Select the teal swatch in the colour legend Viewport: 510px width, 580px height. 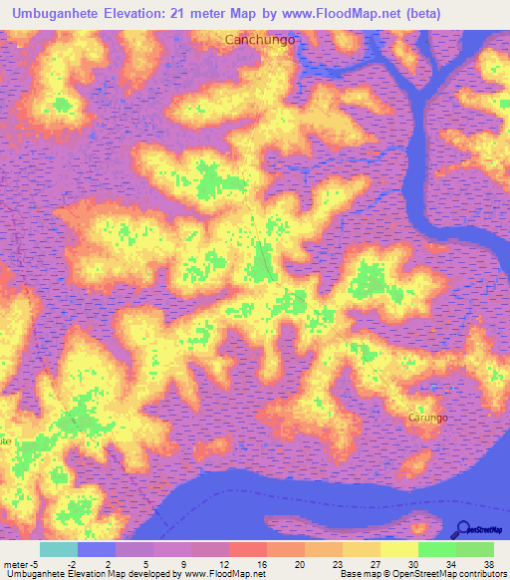58,549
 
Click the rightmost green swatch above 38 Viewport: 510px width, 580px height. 475,549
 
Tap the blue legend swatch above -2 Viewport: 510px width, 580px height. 96,549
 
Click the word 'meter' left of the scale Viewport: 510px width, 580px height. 15,563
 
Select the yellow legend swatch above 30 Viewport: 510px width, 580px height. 398,549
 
